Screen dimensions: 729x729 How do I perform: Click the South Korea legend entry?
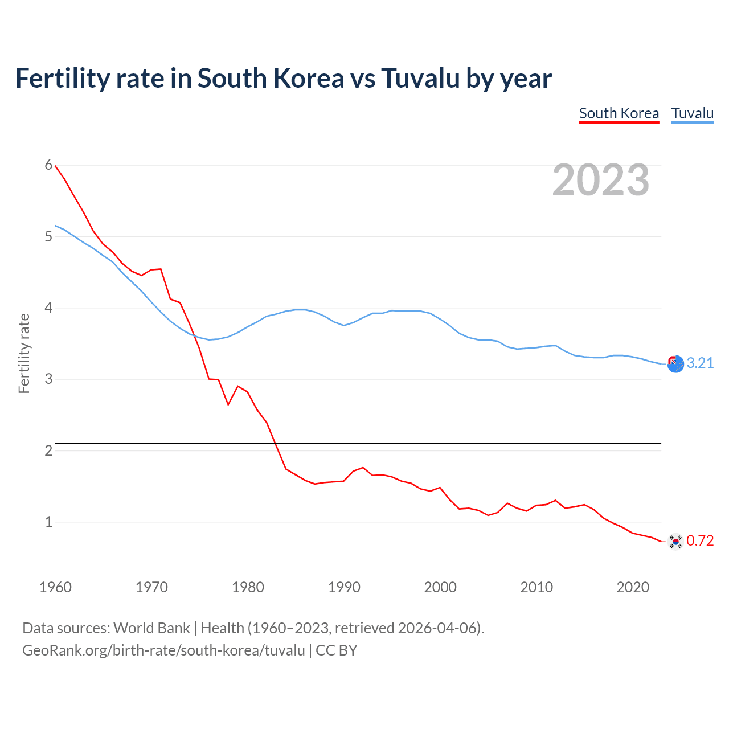click(619, 113)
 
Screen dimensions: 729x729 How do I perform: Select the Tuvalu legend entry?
click(692, 113)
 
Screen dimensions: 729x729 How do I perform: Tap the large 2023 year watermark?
click(600, 180)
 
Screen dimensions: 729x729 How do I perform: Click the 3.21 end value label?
click(700, 363)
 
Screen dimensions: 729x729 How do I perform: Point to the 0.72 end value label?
click(700, 540)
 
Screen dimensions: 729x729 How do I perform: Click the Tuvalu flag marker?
click(675, 364)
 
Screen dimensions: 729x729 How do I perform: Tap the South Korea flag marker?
click(675, 541)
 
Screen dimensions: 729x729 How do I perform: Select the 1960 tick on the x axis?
click(55, 587)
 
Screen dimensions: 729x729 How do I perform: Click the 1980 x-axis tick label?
click(248, 587)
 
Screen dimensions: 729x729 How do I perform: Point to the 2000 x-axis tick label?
click(440, 587)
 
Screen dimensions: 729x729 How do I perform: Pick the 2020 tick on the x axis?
click(633, 587)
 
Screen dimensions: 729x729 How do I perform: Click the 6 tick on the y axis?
click(48, 165)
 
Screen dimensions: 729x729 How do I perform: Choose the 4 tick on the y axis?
click(48, 308)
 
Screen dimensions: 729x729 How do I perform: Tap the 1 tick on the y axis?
click(48, 522)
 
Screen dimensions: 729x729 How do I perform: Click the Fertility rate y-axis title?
click(24, 353)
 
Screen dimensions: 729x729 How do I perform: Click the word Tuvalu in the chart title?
click(420, 79)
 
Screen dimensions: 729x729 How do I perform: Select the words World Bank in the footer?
click(151, 628)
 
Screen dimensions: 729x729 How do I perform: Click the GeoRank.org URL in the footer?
click(163, 650)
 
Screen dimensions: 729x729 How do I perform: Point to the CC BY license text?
click(336, 650)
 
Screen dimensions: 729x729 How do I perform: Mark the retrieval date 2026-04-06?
click(439, 628)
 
